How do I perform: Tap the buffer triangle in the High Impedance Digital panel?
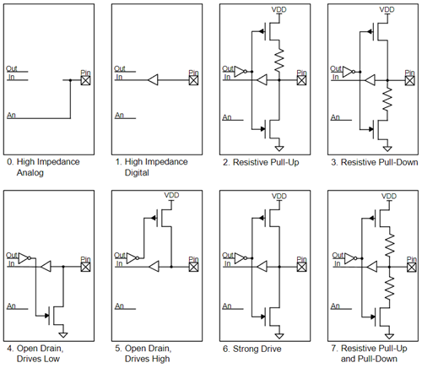[153, 81]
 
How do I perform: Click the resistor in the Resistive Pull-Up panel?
[278, 60]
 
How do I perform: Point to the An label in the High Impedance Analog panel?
[10, 113]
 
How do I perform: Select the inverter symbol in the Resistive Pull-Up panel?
[240, 71]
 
